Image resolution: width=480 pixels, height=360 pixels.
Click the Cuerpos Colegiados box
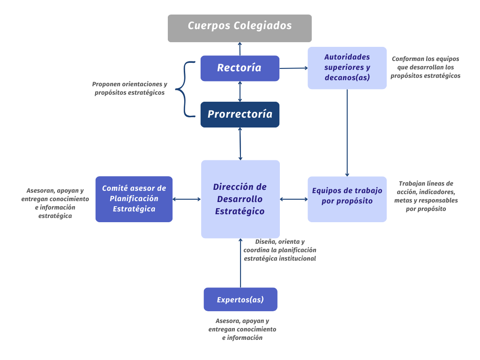click(x=240, y=28)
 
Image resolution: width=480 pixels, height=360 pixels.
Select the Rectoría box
click(x=240, y=68)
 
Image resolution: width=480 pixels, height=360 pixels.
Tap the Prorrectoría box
click(x=240, y=114)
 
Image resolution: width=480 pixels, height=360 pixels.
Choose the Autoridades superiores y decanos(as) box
click(x=347, y=67)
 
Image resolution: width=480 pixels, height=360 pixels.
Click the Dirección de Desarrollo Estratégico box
click(x=240, y=199)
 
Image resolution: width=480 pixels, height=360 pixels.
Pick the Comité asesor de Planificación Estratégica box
click(x=134, y=199)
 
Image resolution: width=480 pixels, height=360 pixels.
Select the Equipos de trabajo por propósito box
click(x=347, y=199)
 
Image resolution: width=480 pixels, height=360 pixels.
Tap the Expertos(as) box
click(x=240, y=300)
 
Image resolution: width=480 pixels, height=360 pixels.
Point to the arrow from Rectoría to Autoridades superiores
click(x=293, y=68)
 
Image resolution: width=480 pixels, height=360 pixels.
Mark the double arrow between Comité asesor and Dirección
click(x=187, y=199)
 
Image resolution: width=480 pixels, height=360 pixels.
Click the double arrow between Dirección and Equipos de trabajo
click(x=294, y=199)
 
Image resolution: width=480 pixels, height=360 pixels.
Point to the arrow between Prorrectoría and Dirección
click(x=240, y=144)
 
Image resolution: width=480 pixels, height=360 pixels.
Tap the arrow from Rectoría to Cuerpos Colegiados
click(x=240, y=49)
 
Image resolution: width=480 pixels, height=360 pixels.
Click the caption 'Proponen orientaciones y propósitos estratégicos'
click(x=129, y=89)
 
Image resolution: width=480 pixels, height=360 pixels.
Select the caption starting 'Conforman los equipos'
click(x=425, y=67)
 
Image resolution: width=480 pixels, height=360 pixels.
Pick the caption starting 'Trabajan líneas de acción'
click(x=426, y=196)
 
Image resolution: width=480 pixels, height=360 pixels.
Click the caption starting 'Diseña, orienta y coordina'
click(x=280, y=250)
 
